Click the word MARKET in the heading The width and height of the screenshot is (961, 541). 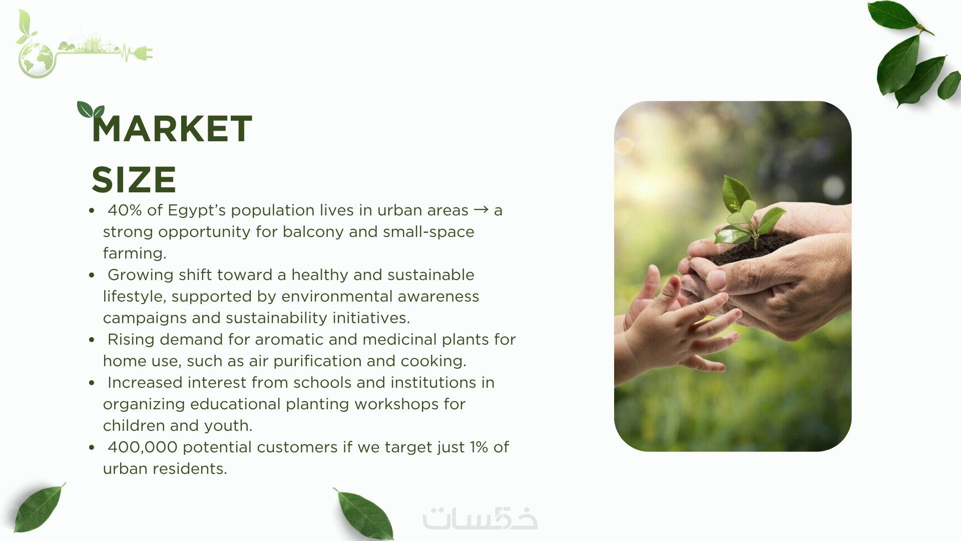[x=172, y=129]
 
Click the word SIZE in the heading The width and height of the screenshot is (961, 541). [x=134, y=179]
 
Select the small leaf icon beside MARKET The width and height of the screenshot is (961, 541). [x=90, y=110]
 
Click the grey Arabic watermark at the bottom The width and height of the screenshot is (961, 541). [x=480, y=518]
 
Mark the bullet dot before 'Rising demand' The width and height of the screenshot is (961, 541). [x=92, y=340]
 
